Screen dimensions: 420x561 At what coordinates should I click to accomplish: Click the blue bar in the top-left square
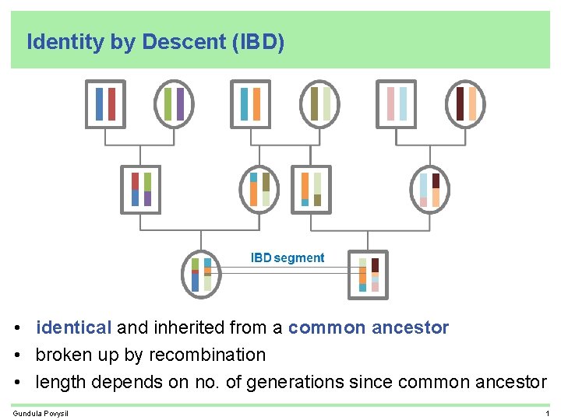99,103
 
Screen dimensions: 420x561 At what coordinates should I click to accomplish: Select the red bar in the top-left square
111,103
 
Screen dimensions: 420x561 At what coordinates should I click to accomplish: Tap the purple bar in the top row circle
180,103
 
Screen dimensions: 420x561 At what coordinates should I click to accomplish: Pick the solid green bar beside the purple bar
168,103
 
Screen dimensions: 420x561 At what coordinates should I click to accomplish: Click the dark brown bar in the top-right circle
460,103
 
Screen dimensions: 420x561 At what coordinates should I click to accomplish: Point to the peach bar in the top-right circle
472,103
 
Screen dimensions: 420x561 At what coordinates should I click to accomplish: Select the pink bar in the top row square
390,103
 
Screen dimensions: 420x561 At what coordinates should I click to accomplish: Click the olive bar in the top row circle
314,103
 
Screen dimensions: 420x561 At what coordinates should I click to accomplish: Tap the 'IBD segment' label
287,257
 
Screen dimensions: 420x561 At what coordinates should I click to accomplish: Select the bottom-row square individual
369,275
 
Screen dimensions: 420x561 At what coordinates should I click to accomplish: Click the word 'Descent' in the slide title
183,42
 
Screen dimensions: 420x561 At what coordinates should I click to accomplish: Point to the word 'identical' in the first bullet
74,327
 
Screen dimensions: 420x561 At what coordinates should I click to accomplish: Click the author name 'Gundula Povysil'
41,412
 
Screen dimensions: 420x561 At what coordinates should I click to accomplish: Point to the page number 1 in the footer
548,412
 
